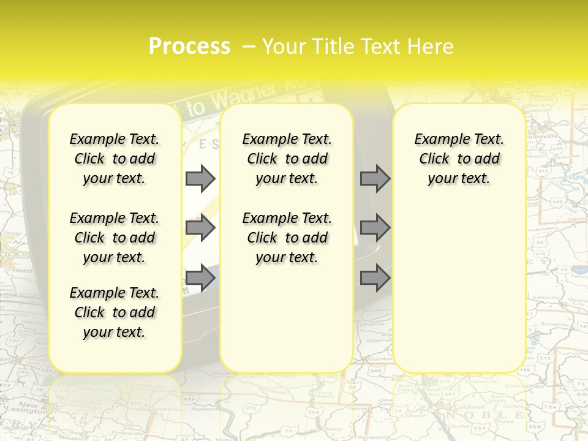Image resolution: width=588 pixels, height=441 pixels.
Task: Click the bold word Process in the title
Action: pos(189,47)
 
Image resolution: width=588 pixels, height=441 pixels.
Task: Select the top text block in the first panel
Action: pos(115,159)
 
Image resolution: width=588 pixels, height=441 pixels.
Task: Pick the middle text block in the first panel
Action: pos(115,238)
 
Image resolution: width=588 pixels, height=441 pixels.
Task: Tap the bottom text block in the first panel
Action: pos(115,312)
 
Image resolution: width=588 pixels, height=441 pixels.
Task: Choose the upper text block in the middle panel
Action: pos(287,159)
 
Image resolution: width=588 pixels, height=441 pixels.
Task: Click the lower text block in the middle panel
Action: pos(287,238)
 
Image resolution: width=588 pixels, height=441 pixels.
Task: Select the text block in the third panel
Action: pos(459,159)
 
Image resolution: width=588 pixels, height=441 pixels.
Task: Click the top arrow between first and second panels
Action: pos(200,178)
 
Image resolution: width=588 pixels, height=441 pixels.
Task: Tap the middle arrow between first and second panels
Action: pos(200,228)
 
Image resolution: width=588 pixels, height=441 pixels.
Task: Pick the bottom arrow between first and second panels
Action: pos(200,279)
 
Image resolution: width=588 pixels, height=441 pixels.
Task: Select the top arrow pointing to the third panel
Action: pos(375,178)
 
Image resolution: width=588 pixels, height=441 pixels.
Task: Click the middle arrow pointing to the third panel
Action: pos(375,228)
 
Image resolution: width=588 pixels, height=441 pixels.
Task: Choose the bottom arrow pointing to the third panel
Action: pos(375,279)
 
